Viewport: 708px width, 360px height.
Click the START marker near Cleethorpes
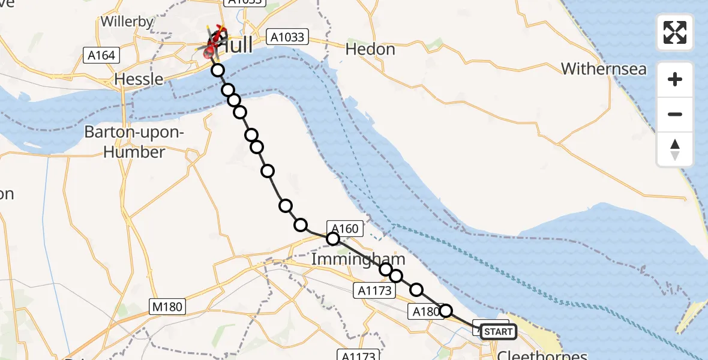[x=498, y=332]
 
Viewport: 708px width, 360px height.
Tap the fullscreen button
[x=675, y=32]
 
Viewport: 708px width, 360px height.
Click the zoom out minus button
[x=675, y=114]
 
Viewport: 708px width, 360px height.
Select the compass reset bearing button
[x=675, y=149]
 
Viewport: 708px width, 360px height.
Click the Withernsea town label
[x=604, y=69]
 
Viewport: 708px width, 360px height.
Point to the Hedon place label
[x=370, y=49]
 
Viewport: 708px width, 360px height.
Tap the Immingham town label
[x=358, y=260]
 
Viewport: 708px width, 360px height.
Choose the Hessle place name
[x=139, y=79]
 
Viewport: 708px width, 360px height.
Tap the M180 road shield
[x=167, y=307]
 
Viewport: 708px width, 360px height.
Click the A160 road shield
[x=344, y=229]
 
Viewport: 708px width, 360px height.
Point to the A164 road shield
[x=100, y=56]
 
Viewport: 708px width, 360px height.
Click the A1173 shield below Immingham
[x=375, y=291]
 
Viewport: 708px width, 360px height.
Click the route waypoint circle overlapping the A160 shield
[x=332, y=239]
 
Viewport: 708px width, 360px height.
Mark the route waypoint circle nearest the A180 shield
[x=446, y=310]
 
